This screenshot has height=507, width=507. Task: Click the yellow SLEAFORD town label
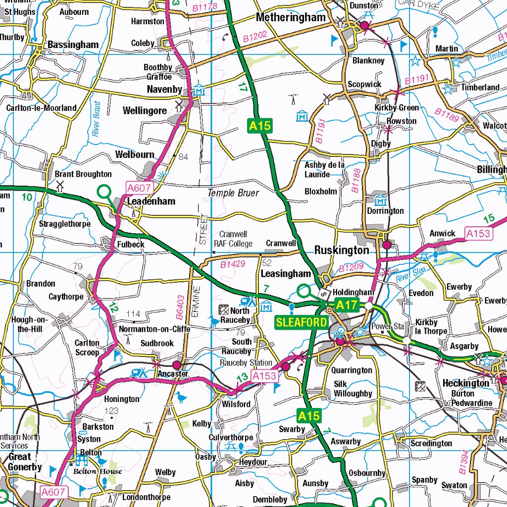(x=302, y=323)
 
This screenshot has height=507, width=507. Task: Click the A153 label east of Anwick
(x=479, y=234)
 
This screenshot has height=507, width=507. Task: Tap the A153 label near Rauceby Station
(x=264, y=377)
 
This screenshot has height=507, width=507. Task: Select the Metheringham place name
(x=291, y=17)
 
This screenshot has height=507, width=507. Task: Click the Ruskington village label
(x=342, y=251)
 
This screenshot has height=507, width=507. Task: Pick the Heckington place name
(x=465, y=383)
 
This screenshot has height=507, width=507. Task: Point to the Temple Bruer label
(x=233, y=193)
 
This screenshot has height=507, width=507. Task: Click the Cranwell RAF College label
(x=233, y=239)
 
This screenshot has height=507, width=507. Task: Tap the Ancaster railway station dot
(x=177, y=365)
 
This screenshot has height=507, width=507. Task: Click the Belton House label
(x=97, y=471)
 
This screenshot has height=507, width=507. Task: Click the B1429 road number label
(x=233, y=264)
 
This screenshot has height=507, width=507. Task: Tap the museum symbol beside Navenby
(x=199, y=91)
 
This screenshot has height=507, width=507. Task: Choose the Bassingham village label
(x=73, y=45)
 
